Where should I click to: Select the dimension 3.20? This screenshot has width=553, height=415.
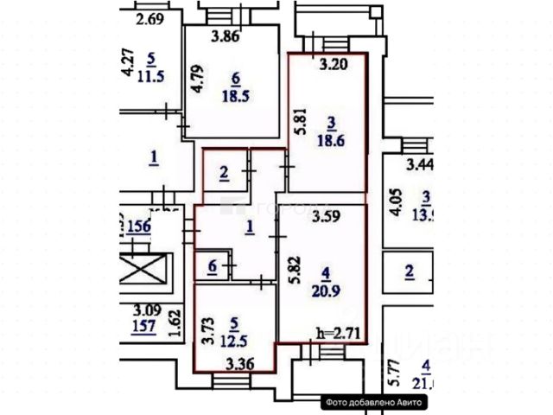click(333, 63)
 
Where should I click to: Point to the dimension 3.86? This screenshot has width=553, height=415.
click(226, 36)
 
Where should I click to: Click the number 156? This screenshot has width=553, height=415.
click(139, 227)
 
